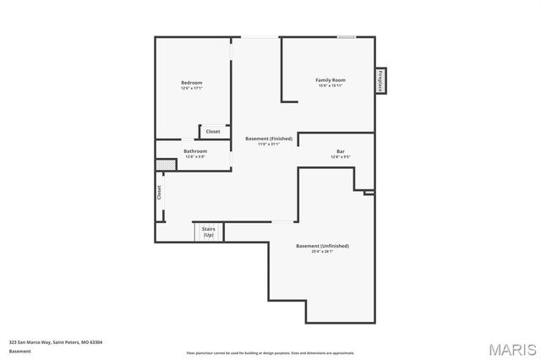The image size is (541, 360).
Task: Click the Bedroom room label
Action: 191,82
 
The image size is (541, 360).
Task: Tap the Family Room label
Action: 331,80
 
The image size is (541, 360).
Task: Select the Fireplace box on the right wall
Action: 381,81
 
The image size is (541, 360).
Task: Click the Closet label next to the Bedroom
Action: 213,131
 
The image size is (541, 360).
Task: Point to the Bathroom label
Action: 195,150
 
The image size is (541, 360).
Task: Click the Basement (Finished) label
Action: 269,138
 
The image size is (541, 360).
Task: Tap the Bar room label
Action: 340,150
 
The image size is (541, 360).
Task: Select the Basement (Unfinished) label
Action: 322,246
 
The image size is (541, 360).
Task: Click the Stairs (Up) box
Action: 208,231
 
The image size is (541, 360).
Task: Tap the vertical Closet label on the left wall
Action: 158,193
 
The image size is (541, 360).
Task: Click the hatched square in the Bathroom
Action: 169,165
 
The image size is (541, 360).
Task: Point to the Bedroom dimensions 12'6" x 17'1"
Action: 191,88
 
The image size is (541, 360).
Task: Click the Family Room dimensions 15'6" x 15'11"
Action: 331,86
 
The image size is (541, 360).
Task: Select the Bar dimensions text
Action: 340,156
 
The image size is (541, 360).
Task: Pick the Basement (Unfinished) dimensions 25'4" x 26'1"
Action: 322,252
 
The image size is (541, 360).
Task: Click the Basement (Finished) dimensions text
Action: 269,144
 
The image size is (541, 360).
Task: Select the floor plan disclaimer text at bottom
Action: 270,352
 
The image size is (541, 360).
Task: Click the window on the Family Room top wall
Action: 346,36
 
